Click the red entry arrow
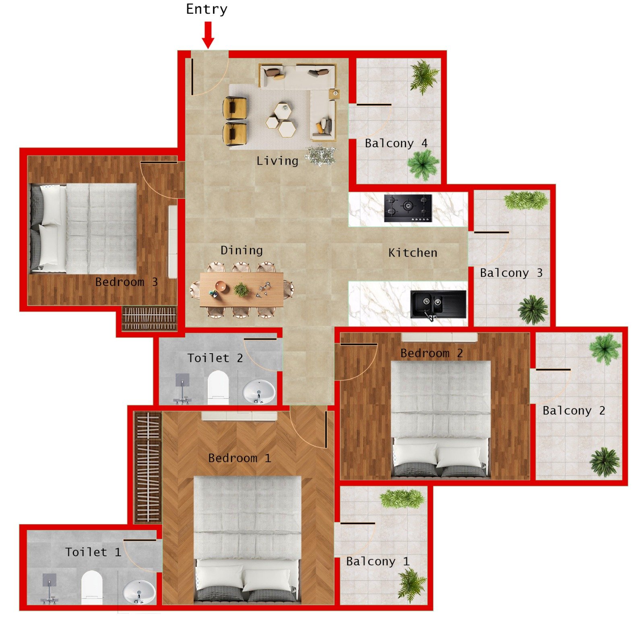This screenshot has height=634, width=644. [208, 35]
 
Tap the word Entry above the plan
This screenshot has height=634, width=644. [206, 9]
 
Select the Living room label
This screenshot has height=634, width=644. [277, 161]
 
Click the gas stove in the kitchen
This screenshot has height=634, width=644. [408, 208]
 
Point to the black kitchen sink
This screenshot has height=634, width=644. [438, 304]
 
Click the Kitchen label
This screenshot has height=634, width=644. [413, 253]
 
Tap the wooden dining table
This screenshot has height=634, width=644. [242, 289]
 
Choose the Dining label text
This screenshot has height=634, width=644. [242, 251]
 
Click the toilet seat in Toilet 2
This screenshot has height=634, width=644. [218, 387]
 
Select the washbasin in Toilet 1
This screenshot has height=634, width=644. [139, 591]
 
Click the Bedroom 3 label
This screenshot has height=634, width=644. [126, 282]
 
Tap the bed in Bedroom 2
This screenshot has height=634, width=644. [441, 419]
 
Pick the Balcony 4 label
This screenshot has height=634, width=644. [396, 143]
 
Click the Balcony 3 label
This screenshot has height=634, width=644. [511, 273]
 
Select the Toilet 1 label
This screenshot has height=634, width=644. [93, 552]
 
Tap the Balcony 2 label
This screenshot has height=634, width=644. [574, 411]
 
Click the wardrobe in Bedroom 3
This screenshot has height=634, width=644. [149, 318]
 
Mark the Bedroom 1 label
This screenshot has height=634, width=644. [239, 458]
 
